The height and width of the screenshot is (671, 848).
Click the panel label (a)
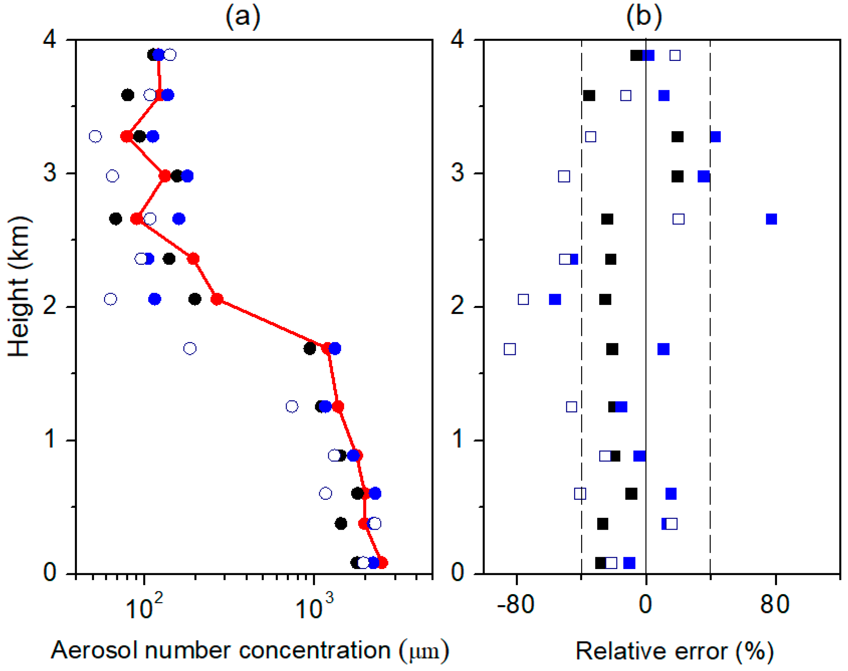coord(243,16)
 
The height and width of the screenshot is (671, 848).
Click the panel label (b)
coord(644,16)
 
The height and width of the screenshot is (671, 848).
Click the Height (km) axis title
coord(19,287)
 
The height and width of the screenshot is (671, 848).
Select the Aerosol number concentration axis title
coord(250,650)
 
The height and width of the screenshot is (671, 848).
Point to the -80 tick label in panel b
coord(515,605)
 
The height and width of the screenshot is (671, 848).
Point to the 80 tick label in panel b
coord(774,605)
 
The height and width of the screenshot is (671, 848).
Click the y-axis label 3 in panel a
coord(50,173)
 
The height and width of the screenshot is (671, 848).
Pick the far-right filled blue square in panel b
coord(771,219)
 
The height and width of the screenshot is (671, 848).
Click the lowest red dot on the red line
coord(382,562)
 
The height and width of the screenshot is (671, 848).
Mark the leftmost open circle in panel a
coord(95,136)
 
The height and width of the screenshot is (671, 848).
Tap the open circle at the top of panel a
coord(170,55)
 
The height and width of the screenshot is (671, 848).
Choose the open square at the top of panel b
coord(675,55)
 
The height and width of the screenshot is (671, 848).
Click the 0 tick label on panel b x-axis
coord(645,605)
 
